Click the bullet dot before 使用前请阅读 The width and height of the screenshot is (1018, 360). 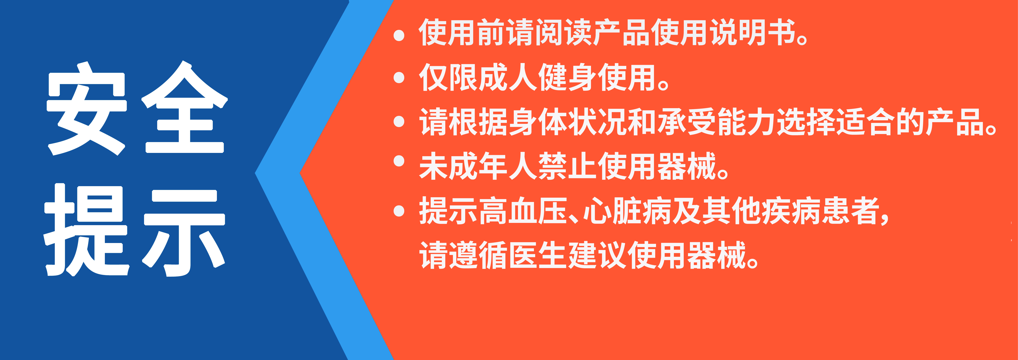(x=399, y=35)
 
